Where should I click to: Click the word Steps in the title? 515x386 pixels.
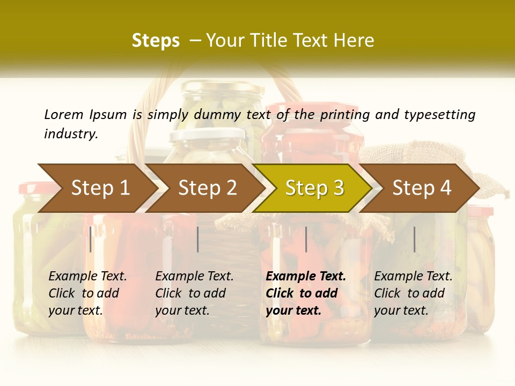coord(156,40)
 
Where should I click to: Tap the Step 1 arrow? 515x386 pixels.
coord(100,188)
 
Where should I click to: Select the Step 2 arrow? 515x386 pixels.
coord(207,188)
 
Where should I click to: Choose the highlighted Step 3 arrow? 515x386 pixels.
coord(314,188)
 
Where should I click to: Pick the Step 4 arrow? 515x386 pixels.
coord(422,188)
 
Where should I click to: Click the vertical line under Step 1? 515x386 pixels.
coord(91,239)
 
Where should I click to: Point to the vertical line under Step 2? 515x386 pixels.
coord(198,239)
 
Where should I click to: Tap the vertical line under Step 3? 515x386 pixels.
coord(306,239)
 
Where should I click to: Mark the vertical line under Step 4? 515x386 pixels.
coord(415,239)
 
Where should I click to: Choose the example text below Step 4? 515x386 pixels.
coord(413,293)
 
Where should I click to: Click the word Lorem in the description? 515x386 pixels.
coord(64,114)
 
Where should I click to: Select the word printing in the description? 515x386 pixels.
coord(344,115)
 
